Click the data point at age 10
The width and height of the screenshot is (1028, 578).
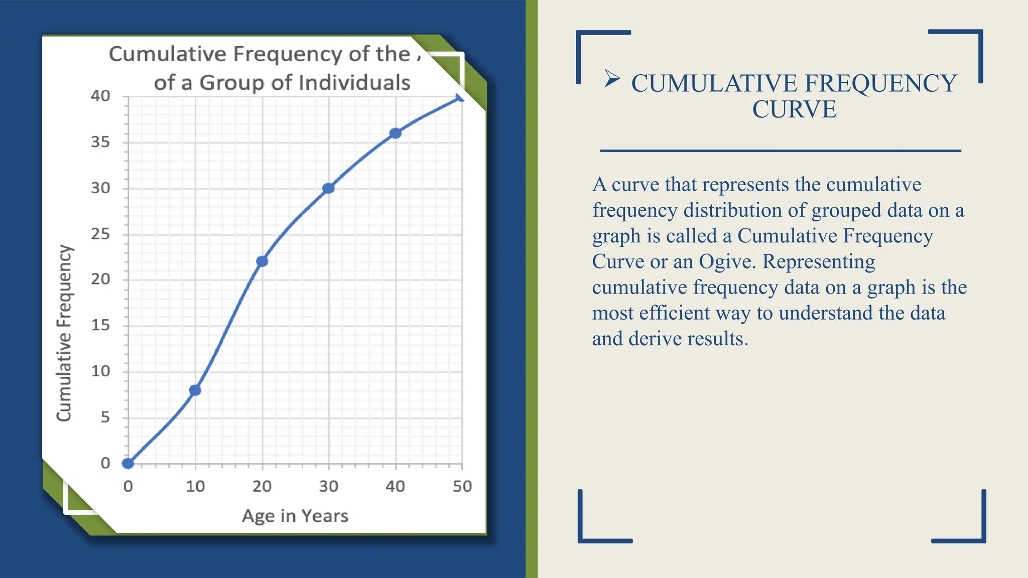point(195,390)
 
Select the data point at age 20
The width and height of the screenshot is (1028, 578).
point(262,261)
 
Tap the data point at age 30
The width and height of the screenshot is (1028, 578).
point(328,188)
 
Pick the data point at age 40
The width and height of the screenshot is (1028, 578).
point(396,133)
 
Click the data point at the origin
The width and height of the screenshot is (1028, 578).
point(128,463)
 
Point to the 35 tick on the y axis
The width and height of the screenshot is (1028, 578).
point(100,142)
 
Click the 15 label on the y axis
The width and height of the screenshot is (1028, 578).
point(100,325)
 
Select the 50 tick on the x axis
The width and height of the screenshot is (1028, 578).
point(462,486)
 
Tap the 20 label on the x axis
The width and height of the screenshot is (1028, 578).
point(262,486)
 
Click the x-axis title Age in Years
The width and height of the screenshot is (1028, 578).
point(295,516)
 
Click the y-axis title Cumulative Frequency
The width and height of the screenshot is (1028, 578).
point(64,333)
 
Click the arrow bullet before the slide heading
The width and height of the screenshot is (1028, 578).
point(612,78)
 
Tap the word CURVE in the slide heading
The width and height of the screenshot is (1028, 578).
point(794,109)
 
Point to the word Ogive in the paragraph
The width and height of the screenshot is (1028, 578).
point(727,261)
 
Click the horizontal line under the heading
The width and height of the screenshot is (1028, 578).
point(781,151)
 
